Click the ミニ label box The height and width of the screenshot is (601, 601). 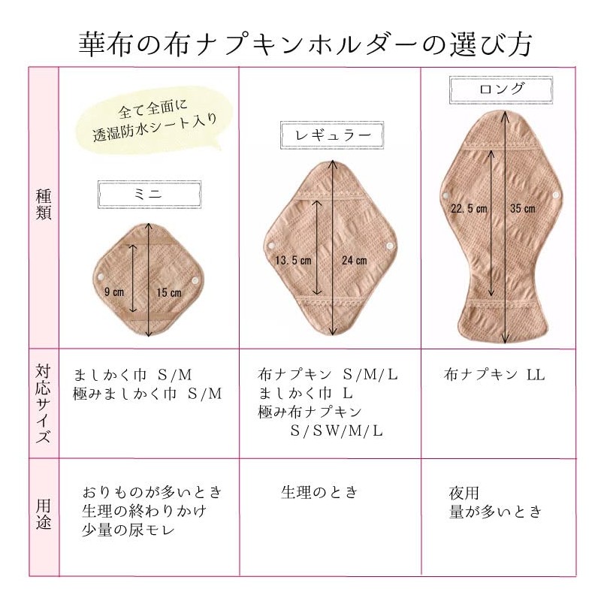click(x=149, y=195)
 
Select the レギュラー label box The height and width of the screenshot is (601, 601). click(x=332, y=135)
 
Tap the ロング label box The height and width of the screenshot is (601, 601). click(x=501, y=90)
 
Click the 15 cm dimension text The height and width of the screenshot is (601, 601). click(x=169, y=293)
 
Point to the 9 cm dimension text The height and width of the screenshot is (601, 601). click(x=114, y=292)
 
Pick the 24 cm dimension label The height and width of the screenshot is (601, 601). click(x=355, y=261)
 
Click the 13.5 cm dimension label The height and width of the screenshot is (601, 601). click(x=293, y=261)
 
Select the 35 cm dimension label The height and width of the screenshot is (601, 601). click(x=523, y=209)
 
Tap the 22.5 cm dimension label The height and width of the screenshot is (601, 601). click(x=469, y=209)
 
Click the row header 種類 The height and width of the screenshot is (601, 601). click(x=44, y=204)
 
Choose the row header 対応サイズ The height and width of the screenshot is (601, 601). click(x=44, y=403)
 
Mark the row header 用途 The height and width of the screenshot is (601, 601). click(x=44, y=514)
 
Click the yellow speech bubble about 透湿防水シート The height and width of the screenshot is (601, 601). click(x=153, y=122)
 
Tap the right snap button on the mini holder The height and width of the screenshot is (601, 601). click(x=195, y=281)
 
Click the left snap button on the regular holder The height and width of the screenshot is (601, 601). click(x=271, y=246)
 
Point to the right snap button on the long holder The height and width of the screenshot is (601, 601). click(x=556, y=195)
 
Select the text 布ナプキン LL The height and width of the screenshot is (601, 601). click(x=494, y=374)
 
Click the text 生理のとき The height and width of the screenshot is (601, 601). click(x=320, y=492)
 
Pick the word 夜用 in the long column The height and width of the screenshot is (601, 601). click(x=464, y=493)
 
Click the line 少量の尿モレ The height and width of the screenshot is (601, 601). click(x=128, y=530)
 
